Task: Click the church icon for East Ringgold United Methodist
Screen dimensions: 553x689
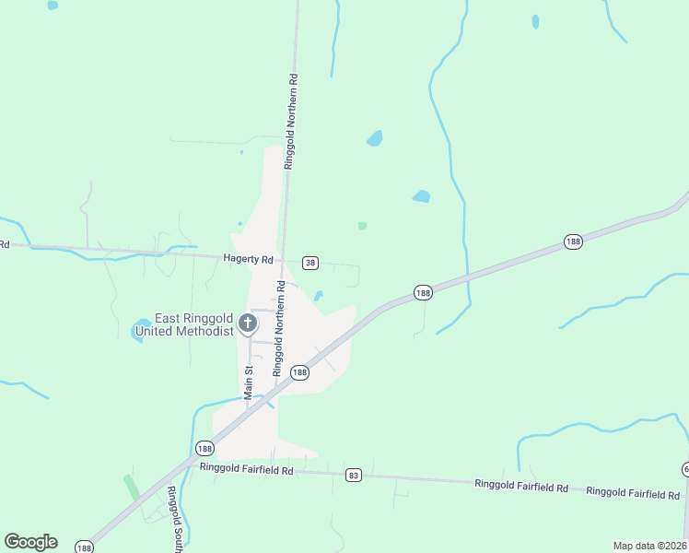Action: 247,323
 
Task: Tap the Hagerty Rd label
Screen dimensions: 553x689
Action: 249,260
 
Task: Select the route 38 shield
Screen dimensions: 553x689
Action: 310,263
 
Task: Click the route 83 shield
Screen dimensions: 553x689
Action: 354,475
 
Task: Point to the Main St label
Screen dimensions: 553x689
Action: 248,381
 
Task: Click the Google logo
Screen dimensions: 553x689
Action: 30,542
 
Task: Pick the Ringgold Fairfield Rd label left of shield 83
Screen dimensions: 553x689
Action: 246,469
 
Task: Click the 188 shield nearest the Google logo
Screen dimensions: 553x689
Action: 85,547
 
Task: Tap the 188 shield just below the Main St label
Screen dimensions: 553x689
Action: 204,448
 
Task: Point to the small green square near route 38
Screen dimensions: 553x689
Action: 362,225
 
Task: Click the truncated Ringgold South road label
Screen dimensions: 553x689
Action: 172,516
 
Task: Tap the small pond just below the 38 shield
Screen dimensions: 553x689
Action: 319,296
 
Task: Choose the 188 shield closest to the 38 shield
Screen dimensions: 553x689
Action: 423,292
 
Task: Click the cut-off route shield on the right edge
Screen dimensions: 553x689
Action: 685,469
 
